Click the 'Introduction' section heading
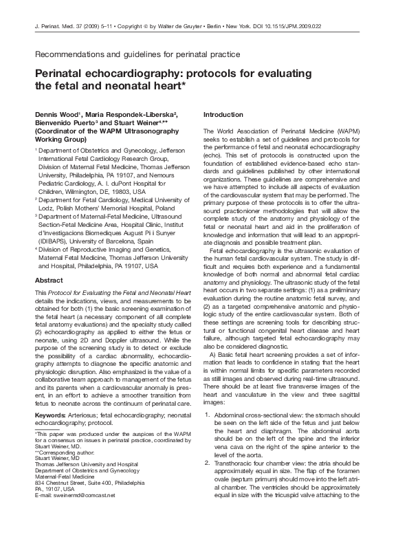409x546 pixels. (223, 114)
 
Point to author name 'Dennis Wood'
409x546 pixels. (58, 114)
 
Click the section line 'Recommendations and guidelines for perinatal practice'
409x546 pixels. (137, 53)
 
